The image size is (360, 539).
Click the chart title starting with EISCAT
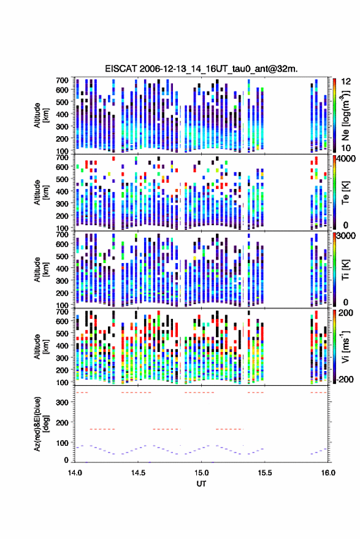pos(201,69)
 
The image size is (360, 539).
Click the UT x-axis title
pos(201,484)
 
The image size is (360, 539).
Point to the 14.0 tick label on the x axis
pos(75,473)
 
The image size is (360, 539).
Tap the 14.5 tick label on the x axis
pos(138,473)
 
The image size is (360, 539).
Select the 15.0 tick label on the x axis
pos(201,473)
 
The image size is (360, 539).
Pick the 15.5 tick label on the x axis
pos(264,473)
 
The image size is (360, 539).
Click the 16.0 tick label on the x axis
pos(328,473)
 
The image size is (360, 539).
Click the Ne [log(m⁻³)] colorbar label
pos(345,115)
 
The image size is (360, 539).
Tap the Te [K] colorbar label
pos(345,193)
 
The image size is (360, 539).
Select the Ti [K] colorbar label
pos(345,270)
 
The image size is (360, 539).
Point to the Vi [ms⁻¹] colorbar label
pos(345,347)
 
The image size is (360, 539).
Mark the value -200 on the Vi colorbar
pos(345,380)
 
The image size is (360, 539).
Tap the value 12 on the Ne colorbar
pos(346,82)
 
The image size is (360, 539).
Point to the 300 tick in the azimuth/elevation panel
pos(63,402)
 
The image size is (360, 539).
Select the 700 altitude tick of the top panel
pos(62,80)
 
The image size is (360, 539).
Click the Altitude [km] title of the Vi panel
pos(41,346)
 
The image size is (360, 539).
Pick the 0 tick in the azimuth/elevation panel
pos(66,460)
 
